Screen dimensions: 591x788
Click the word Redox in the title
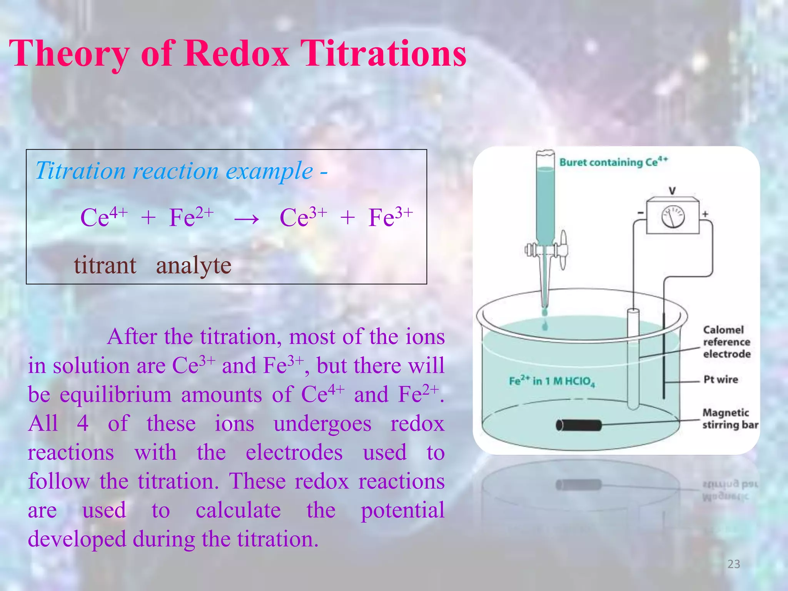[236, 54]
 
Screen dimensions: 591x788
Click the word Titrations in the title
[383, 54]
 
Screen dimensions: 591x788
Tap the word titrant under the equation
[105, 265]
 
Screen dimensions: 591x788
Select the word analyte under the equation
[194, 265]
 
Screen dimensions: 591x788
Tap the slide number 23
[733, 564]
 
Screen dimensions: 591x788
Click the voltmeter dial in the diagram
[673, 217]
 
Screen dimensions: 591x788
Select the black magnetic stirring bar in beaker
[578, 425]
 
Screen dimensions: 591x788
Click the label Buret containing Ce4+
[613, 162]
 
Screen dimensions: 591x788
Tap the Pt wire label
[720, 379]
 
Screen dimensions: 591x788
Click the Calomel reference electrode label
[726, 342]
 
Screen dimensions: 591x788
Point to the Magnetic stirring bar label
[730, 419]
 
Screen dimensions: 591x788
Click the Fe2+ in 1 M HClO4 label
[551, 381]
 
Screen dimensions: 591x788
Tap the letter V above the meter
[672, 190]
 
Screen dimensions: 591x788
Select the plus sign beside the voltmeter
[705, 214]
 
